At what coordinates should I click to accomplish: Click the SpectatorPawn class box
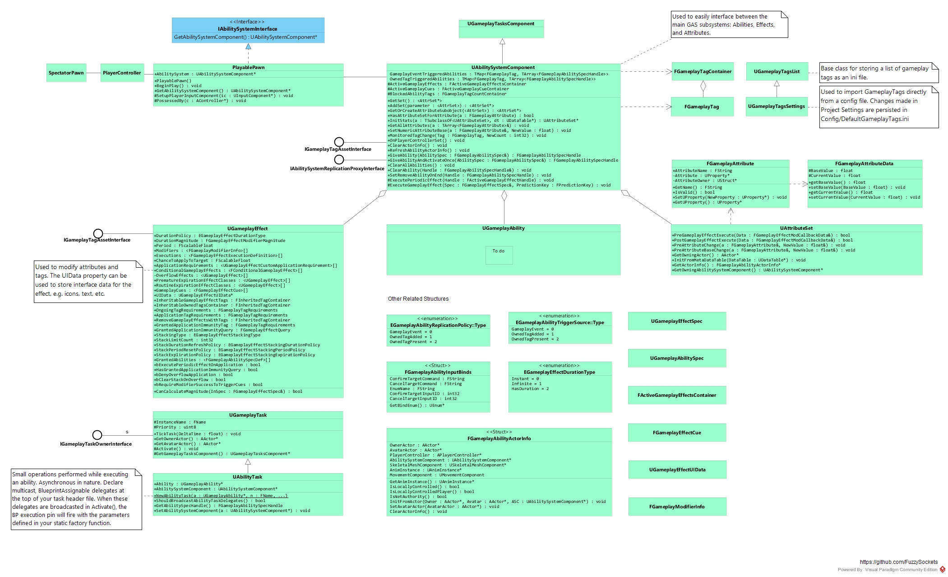(x=66, y=73)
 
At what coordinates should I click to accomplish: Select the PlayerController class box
(x=121, y=73)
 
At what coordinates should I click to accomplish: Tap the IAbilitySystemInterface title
(x=248, y=29)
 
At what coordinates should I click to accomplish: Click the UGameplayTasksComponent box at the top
(x=501, y=28)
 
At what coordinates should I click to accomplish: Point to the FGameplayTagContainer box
(x=703, y=72)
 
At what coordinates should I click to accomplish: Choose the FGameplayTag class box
(x=702, y=107)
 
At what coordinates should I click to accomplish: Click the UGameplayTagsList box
(x=776, y=72)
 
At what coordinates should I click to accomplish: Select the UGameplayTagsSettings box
(x=776, y=107)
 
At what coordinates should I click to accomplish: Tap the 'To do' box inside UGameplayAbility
(x=499, y=255)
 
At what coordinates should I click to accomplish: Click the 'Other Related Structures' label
(x=418, y=299)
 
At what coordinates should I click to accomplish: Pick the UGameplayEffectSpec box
(x=676, y=321)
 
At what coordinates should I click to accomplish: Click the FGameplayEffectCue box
(x=676, y=433)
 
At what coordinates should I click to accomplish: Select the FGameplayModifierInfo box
(x=676, y=507)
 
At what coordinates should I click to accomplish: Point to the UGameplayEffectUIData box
(x=677, y=470)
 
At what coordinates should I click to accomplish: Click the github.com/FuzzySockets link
(x=898, y=562)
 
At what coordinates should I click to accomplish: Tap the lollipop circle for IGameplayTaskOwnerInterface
(x=97, y=435)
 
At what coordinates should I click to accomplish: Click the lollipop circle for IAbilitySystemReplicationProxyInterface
(x=339, y=159)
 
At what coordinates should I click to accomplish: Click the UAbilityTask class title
(x=247, y=477)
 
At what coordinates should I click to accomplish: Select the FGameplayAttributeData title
(x=864, y=164)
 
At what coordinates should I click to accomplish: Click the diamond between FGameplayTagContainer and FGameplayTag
(x=703, y=87)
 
